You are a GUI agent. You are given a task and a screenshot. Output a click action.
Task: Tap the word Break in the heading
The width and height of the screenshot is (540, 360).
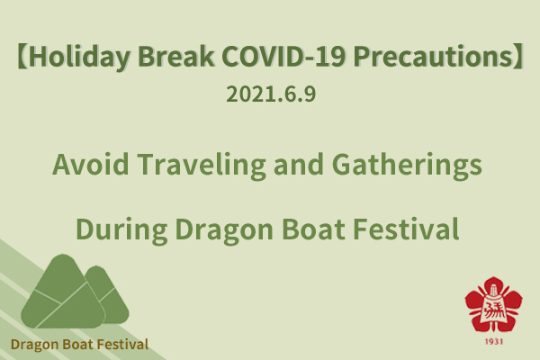(x=175, y=56)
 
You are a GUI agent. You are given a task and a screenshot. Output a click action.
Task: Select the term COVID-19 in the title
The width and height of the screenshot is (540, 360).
(x=283, y=56)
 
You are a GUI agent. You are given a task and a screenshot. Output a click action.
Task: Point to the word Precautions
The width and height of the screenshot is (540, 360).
(x=433, y=56)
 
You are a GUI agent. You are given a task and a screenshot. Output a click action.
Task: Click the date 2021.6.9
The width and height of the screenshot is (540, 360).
(x=271, y=94)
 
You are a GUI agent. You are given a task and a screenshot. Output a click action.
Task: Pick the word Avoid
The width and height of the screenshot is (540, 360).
(x=91, y=164)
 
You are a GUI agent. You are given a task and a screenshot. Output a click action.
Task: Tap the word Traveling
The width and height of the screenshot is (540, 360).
(x=201, y=166)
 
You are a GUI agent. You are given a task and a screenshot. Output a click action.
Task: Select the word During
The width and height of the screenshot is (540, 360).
(x=121, y=230)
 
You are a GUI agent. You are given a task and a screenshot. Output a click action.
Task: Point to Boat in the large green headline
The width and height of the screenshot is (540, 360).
(x=313, y=229)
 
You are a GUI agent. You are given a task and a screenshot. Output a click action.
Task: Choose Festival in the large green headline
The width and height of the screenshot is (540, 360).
(x=406, y=229)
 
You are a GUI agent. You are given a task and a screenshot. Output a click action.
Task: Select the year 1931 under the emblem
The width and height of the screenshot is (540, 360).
(x=493, y=341)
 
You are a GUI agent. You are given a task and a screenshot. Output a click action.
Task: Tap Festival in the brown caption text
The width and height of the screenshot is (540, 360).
(x=122, y=344)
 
